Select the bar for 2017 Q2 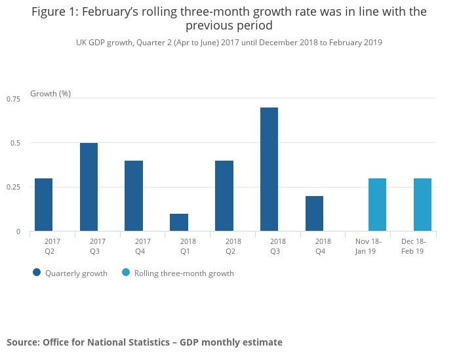(x=43, y=205)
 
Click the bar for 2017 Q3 (x=89, y=187)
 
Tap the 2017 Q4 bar (x=134, y=195)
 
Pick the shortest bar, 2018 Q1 (x=179, y=222)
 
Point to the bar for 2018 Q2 (x=224, y=195)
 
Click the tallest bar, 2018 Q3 (x=269, y=169)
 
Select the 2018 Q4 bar (x=314, y=213)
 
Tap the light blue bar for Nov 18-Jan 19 (x=377, y=205)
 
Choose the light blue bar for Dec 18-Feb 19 (x=422, y=205)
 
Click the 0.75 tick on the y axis (x=14, y=98)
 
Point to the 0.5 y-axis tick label (x=16, y=143)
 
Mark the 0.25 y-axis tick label (x=14, y=187)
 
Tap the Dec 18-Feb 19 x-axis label (x=413, y=246)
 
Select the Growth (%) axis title (x=50, y=94)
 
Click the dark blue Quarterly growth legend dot (x=37, y=273)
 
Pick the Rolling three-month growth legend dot (x=127, y=273)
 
